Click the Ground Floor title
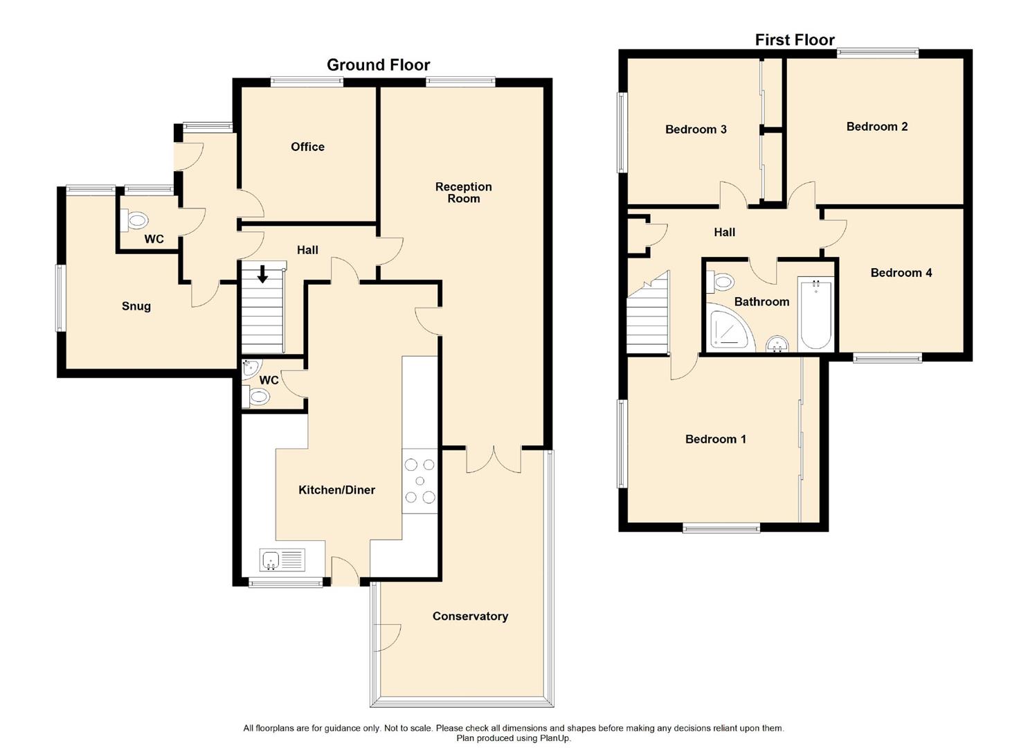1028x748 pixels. click(x=378, y=65)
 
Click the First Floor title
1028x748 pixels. click(x=794, y=40)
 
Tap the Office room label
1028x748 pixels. click(x=307, y=147)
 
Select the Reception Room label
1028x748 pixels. click(x=463, y=193)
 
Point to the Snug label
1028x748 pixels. click(x=136, y=306)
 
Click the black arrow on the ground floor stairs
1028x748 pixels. click(x=263, y=274)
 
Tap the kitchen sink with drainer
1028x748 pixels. click(x=282, y=560)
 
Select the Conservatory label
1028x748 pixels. click(x=470, y=616)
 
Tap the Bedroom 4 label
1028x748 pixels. click(x=901, y=273)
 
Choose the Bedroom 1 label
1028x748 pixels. click(x=715, y=439)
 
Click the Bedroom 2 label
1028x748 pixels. click(x=876, y=127)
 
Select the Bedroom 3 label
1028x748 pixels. click(x=695, y=130)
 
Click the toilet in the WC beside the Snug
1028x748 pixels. click(x=136, y=221)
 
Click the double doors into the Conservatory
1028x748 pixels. click(x=494, y=459)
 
